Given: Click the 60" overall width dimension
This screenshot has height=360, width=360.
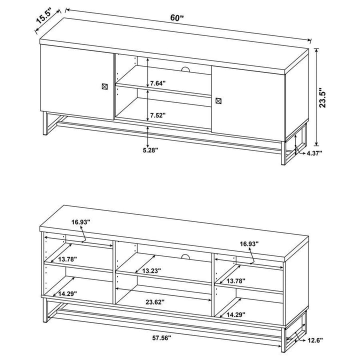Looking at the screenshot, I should pos(177,17).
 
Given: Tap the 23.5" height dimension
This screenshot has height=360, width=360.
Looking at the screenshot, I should pos(323,98).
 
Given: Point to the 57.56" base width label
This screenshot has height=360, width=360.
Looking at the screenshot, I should pos(161,338).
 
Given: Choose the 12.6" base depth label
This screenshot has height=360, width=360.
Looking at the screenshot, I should pos(315,340).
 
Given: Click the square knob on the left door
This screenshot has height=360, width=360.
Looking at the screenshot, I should pos(104,85).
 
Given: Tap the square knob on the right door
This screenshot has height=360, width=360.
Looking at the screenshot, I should pos(218,101).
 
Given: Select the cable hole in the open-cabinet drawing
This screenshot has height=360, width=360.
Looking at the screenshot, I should pos(185,257).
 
